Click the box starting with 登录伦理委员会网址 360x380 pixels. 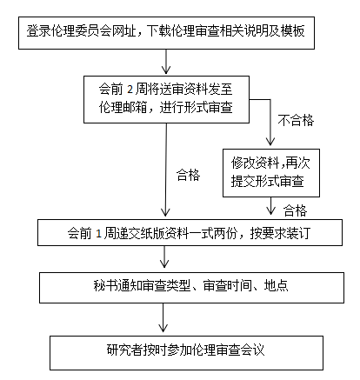click(x=166, y=33)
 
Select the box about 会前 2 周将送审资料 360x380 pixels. click(x=166, y=99)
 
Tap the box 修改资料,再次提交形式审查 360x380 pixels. click(x=271, y=173)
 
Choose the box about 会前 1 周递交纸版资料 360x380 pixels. click(x=190, y=232)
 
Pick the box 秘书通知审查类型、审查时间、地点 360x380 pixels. click(x=191, y=288)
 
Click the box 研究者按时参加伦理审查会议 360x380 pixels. click(x=186, y=353)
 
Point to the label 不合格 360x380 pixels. click(x=296, y=120)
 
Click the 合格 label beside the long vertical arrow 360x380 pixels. click(x=189, y=175)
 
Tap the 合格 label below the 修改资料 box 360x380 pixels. click(x=295, y=210)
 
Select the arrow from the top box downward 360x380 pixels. click(x=166, y=62)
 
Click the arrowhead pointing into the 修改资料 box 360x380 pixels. click(x=270, y=142)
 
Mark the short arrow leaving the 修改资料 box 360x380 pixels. click(x=271, y=206)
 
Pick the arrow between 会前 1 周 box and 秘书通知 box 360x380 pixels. click(x=164, y=257)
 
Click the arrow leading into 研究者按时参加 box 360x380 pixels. click(x=163, y=317)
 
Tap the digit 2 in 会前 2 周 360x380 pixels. click(x=130, y=90)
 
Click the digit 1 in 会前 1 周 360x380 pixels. click(x=98, y=234)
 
